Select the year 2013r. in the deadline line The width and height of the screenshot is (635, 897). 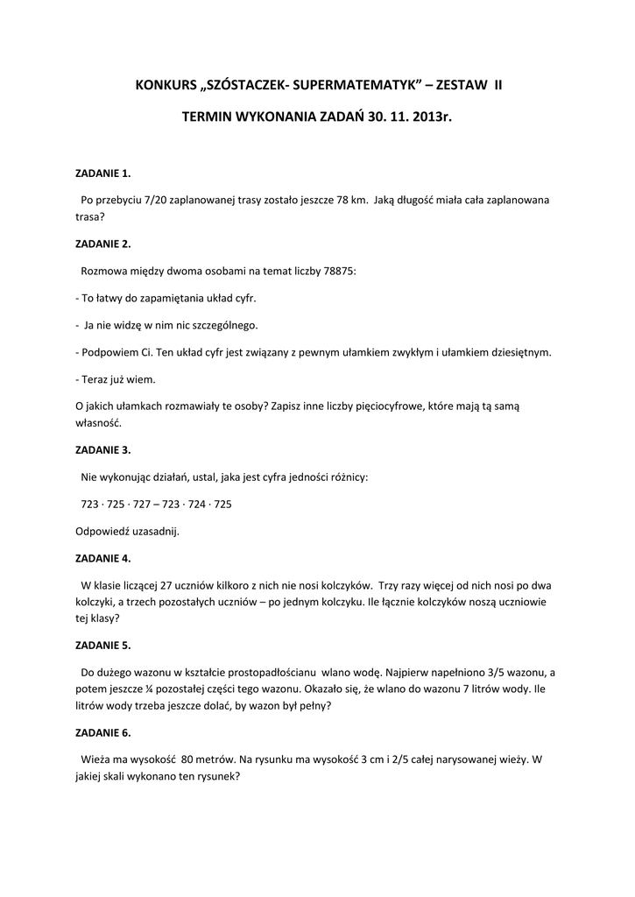tap(430, 115)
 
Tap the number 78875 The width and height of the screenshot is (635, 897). tap(336, 271)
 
